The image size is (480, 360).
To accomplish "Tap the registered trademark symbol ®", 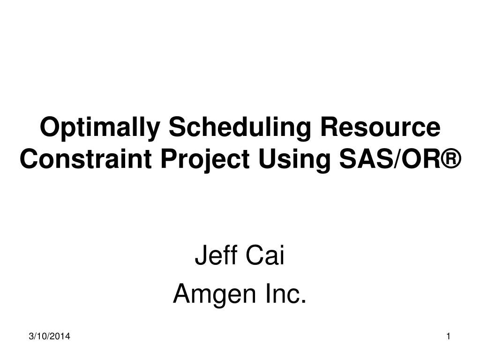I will click(450, 160).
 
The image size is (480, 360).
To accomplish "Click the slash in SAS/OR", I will click(392, 160).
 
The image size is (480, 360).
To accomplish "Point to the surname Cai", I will click(265, 257).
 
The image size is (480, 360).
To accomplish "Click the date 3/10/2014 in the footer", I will click(47, 336).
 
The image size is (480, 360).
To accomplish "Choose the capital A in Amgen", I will click(180, 294).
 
